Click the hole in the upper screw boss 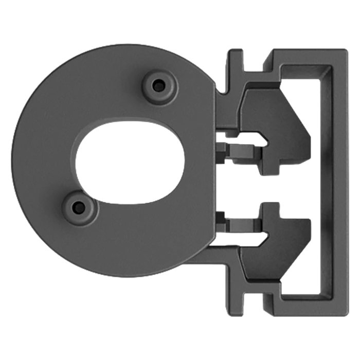coord(159,86)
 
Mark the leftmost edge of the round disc coord(12,159)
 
